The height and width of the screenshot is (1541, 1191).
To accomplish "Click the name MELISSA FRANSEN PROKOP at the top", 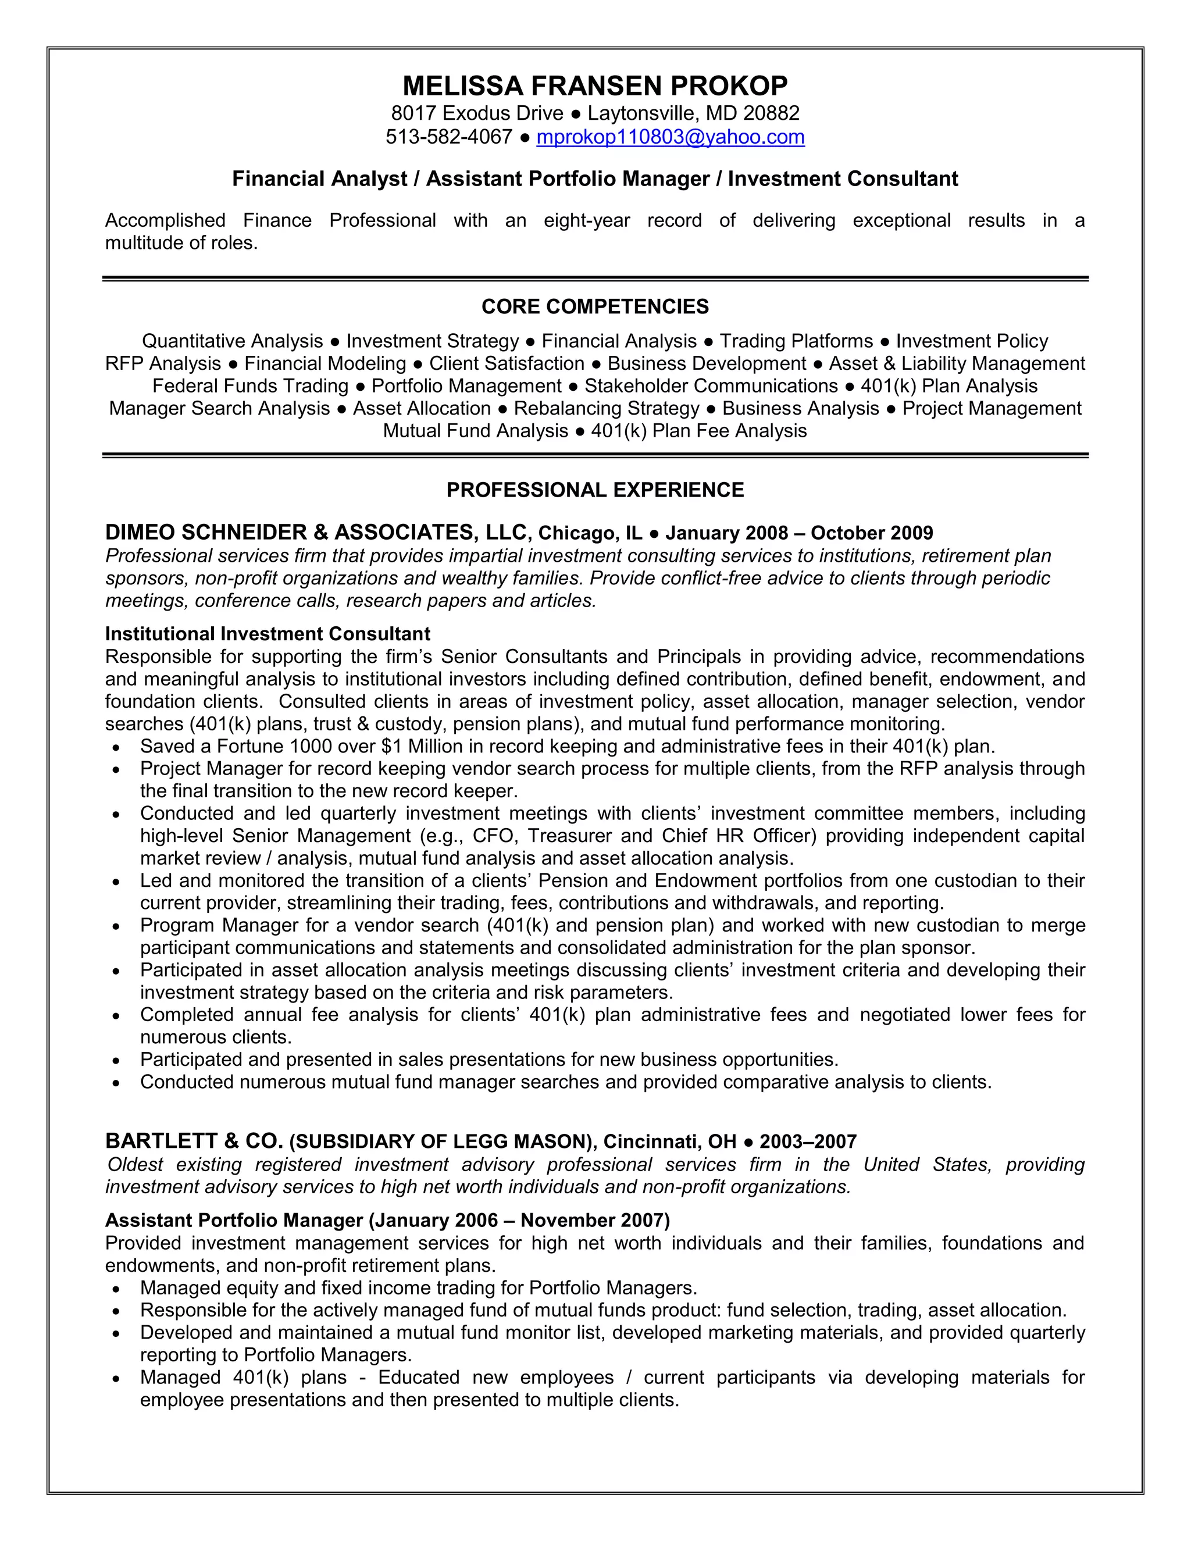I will [595, 86].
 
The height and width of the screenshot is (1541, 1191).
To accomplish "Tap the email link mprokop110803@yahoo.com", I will [671, 136].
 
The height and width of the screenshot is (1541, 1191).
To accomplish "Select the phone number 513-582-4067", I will [449, 136].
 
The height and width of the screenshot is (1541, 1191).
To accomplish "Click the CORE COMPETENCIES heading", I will [595, 306].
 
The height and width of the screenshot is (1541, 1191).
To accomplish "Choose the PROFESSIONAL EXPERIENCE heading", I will [595, 490].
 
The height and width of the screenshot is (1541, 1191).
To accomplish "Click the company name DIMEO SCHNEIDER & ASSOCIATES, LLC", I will [317, 531].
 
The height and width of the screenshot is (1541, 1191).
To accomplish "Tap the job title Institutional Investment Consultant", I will [268, 634].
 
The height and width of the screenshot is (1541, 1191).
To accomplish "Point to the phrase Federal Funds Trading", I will [251, 386].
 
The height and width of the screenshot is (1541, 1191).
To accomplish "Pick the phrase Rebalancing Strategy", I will [606, 409].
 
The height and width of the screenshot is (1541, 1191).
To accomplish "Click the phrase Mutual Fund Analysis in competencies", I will [476, 431].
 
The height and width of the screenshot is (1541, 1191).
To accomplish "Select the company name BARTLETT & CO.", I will [194, 1141].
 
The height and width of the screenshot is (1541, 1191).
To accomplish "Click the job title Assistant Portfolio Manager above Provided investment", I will [234, 1220].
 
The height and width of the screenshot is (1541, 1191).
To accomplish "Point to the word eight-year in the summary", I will [586, 221].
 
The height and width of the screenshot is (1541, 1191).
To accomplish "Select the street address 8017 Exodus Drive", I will [477, 113].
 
